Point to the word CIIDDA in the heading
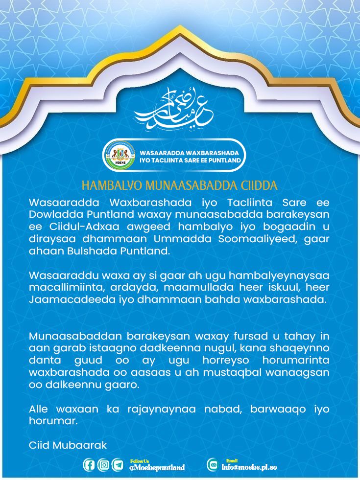[260, 186]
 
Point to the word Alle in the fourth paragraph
[39, 409]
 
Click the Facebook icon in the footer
[89, 465]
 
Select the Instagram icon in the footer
[103, 465]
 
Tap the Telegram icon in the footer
[118, 465]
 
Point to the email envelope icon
[213, 465]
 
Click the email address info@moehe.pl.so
[249, 467]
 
